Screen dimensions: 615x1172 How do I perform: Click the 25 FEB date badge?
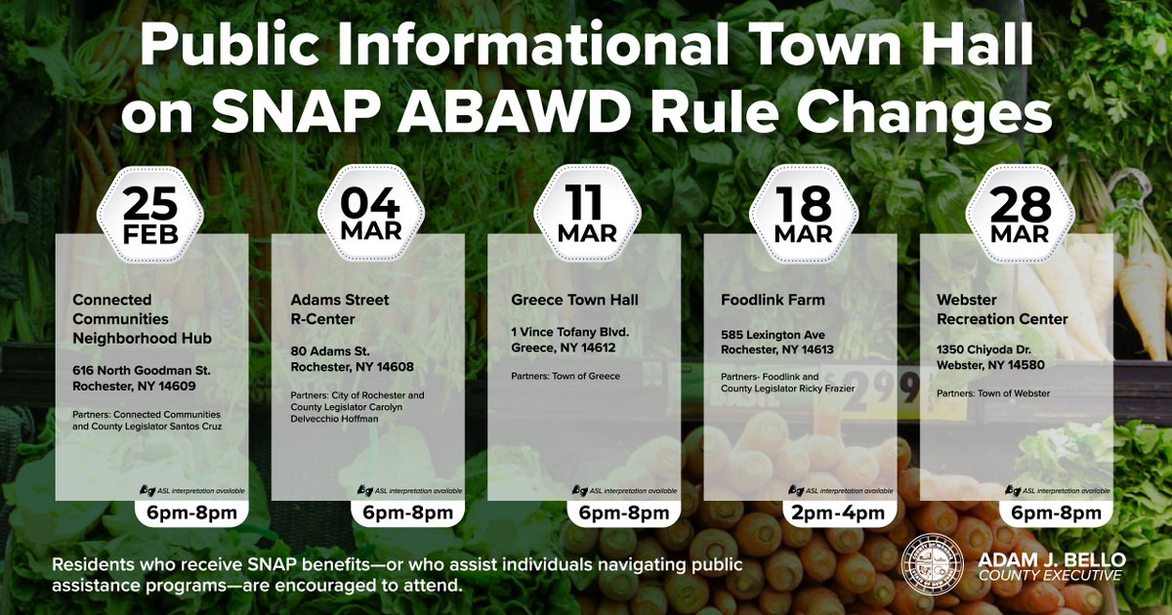151,216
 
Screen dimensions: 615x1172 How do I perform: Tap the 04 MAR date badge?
369,216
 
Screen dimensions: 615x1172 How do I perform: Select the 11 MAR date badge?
586,216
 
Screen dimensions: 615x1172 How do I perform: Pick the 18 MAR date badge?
802,216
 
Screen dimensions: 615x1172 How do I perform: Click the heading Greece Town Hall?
574,300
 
